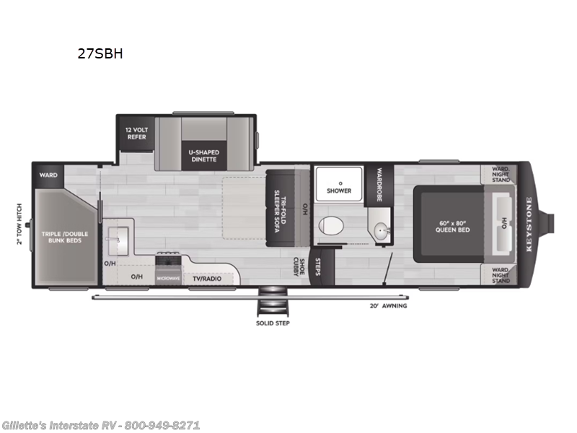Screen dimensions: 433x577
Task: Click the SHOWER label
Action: pos(338,191)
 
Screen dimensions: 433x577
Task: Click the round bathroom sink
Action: pos(380,231)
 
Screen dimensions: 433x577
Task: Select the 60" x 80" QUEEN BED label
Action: pos(452,227)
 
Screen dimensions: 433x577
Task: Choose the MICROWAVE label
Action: pos(168,278)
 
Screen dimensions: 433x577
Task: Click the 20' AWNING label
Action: pos(389,305)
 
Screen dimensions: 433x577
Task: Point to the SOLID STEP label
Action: pos(273,322)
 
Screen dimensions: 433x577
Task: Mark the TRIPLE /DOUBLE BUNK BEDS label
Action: pos(61,237)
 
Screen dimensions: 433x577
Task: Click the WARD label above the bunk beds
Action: pos(48,175)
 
